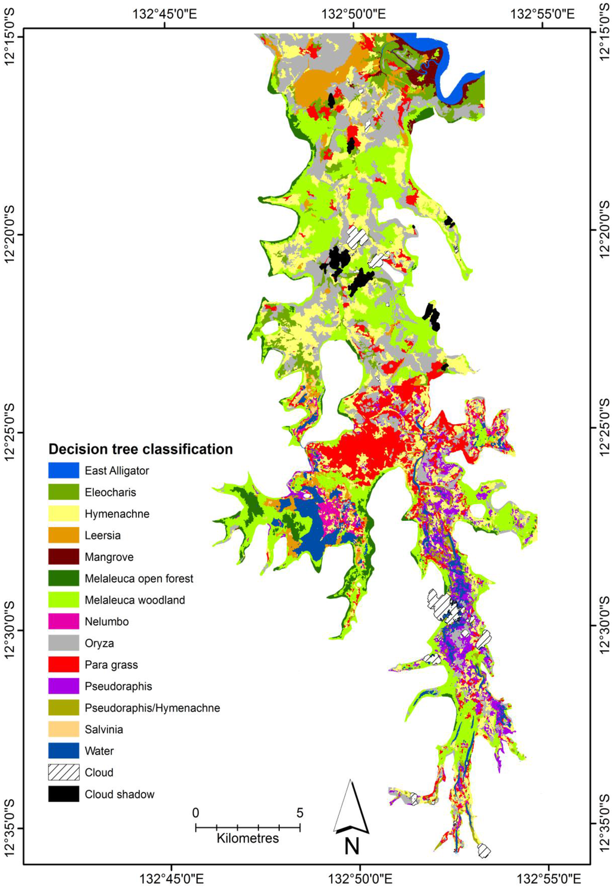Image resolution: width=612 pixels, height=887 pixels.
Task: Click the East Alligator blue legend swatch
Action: tap(63, 470)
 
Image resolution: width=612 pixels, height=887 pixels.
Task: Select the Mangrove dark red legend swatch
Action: tap(63, 557)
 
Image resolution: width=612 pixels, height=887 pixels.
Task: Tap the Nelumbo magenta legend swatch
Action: tap(63, 621)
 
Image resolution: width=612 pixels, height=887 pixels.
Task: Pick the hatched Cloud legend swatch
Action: tap(63, 772)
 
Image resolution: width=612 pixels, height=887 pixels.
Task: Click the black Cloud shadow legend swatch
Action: tap(63, 794)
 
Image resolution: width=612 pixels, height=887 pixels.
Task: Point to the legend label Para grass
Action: tap(111, 665)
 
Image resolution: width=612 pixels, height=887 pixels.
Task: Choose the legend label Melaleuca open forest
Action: tap(139, 578)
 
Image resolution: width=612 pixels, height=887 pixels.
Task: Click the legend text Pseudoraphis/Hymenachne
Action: tap(152, 708)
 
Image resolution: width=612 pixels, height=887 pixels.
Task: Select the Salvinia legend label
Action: tap(103, 729)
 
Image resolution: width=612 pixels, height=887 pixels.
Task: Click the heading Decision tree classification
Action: tap(140, 449)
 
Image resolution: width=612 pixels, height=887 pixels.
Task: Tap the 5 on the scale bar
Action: tap(299, 813)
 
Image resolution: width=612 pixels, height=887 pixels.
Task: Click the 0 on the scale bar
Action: tap(195, 813)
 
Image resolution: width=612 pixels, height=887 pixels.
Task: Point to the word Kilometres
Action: tap(247, 838)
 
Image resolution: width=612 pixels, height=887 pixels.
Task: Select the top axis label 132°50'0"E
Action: tap(354, 13)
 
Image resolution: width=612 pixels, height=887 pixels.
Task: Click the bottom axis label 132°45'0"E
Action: tap(172, 878)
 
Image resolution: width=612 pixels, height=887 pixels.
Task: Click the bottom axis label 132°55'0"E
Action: tap(549, 878)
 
